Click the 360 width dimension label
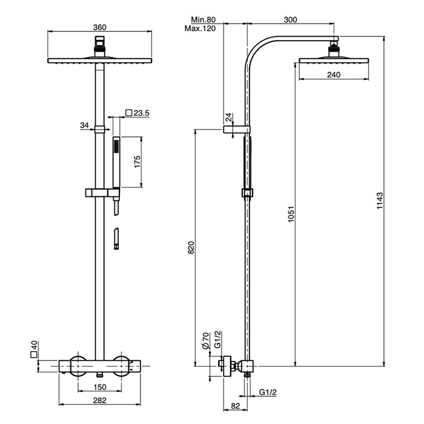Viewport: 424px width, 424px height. click(x=101, y=27)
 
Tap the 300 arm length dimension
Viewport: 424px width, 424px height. click(x=290, y=19)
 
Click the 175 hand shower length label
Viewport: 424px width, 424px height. click(x=137, y=161)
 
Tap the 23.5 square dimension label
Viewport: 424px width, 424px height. click(x=140, y=112)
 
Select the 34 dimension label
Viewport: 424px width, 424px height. click(x=84, y=125)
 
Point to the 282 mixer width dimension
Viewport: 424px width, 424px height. click(x=100, y=400)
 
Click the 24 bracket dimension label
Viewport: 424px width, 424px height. click(x=228, y=117)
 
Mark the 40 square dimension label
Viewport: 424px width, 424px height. click(x=35, y=348)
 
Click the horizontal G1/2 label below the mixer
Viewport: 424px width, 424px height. click(x=268, y=393)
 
